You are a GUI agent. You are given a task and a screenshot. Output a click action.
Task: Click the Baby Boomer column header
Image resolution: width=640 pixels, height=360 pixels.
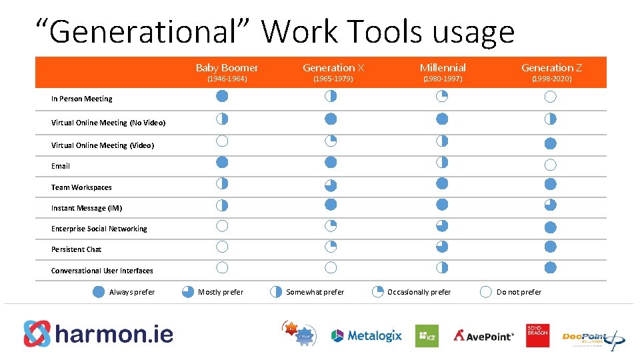point(227,68)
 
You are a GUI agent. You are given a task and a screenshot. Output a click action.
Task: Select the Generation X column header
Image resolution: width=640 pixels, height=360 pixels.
point(333,68)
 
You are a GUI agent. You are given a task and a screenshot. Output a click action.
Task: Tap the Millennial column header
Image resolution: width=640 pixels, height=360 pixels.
point(443,68)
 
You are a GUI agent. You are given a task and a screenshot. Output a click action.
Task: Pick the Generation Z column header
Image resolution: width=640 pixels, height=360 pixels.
point(551,68)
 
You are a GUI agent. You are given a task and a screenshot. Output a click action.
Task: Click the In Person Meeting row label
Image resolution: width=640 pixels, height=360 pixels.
point(81,99)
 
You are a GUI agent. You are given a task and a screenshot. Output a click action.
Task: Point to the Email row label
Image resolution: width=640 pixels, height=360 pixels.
point(60,166)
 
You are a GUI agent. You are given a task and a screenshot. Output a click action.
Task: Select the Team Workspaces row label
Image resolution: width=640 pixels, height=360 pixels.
point(81,187)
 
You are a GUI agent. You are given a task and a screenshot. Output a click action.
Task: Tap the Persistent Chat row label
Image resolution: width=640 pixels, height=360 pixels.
point(76,249)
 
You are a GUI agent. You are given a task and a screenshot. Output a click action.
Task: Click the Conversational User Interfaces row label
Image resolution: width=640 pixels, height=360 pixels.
point(102,271)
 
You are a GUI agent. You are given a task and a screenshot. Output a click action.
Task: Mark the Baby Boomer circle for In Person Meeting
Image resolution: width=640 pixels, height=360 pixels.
point(222,96)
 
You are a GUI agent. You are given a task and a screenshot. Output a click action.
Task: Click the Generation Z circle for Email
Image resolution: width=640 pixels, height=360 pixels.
point(550,165)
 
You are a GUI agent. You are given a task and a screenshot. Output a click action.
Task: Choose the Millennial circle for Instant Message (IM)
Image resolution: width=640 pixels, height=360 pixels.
point(442,205)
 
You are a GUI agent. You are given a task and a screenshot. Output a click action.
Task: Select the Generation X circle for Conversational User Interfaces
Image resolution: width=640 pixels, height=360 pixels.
point(331,268)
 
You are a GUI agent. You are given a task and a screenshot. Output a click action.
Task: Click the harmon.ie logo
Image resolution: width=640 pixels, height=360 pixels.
point(99,333)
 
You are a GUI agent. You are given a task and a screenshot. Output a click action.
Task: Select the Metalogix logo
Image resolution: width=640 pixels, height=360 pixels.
point(367,335)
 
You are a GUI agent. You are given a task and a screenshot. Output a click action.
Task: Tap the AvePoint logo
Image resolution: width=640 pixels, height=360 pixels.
point(483,335)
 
